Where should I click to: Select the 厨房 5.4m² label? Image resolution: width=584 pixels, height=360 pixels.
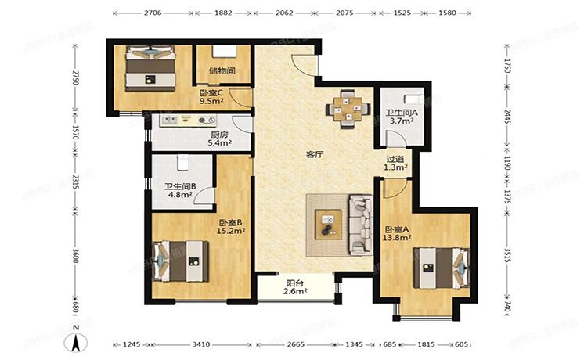tap(218, 139)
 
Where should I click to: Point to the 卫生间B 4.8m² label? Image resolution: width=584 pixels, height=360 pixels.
tap(179, 191)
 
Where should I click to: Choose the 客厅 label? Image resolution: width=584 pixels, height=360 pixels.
tap(315, 155)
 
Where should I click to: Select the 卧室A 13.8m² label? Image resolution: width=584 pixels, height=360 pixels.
tap(397, 235)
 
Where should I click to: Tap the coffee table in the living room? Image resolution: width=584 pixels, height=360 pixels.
tap(327, 224)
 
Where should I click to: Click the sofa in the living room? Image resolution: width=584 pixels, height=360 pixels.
tap(361, 224)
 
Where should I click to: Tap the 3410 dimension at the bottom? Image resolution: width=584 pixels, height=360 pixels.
tap(201, 343)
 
